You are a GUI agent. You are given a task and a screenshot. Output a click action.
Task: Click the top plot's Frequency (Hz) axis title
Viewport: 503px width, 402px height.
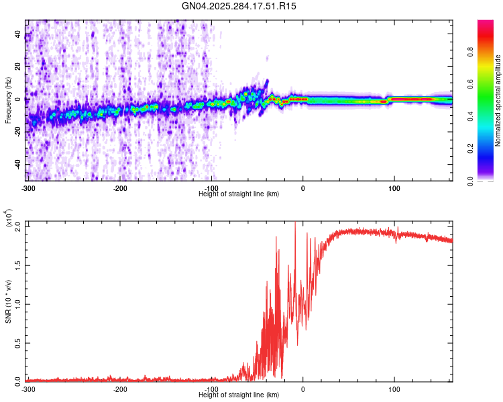coord(8,100)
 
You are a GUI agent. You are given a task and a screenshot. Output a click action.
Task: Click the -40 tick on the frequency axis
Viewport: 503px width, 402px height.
coord(17,165)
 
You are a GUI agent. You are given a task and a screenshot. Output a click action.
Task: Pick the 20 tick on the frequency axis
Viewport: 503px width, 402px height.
coord(18,67)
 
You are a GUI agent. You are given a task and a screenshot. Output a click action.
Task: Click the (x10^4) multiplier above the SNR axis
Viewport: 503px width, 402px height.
coord(9,218)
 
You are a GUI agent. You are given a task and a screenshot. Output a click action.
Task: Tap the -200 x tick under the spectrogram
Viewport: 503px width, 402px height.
coord(120,188)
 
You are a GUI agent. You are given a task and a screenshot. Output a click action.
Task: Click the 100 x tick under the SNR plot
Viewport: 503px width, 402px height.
coord(394,389)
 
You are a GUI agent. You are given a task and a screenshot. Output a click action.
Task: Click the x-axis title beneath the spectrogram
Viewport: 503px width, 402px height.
coord(239,194)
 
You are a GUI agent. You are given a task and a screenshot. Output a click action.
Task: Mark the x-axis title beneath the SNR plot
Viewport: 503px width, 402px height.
coord(239,395)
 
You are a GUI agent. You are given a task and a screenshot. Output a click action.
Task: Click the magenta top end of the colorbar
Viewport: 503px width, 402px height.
coord(486,23)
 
